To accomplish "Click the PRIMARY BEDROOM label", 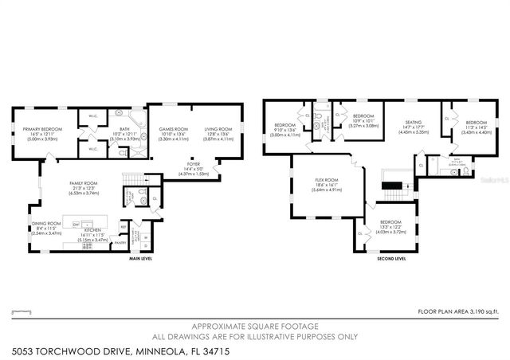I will [x=42, y=129].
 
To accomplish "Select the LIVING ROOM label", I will [x=218, y=129].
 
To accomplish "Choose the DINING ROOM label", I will [x=45, y=223].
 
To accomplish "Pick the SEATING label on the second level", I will [x=413, y=122].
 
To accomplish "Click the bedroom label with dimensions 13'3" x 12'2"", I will [x=390, y=222].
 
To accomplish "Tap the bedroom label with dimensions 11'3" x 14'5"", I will [x=477, y=123].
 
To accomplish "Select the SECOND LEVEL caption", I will [x=391, y=259].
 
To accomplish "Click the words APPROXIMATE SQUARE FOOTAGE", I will [x=255, y=326].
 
